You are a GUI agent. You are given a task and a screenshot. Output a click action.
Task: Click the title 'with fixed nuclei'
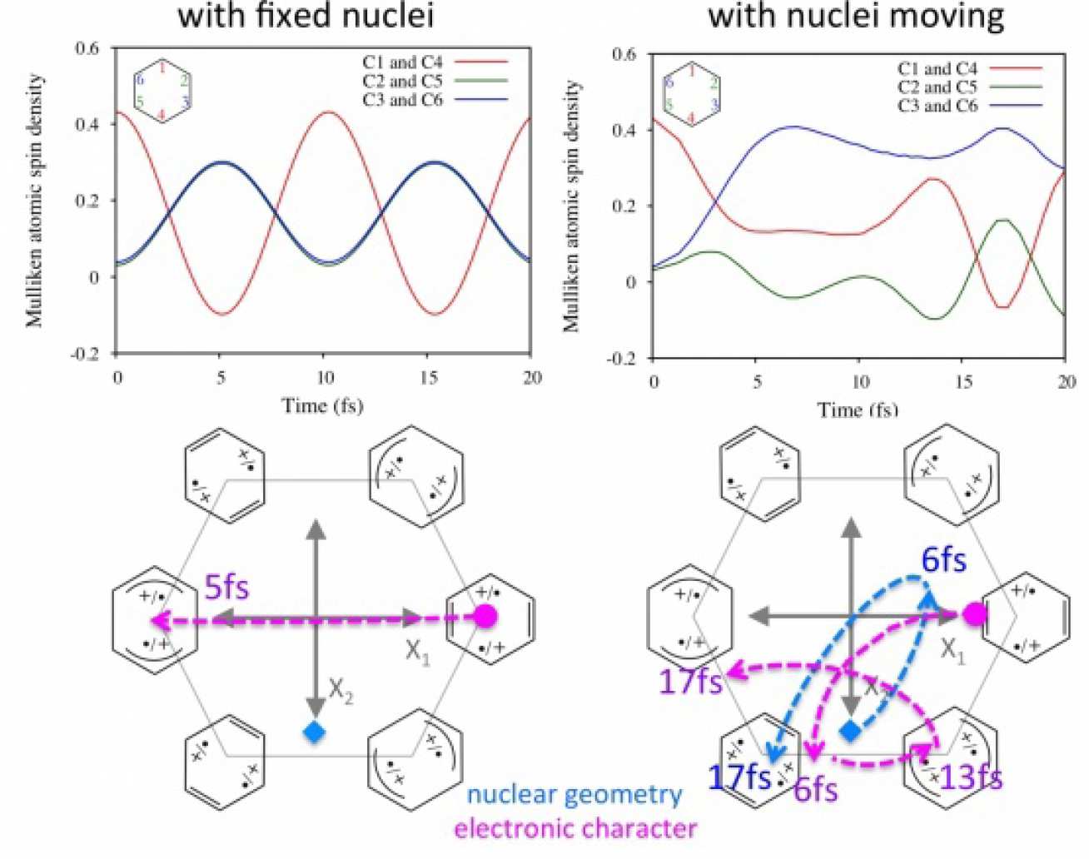click(x=306, y=15)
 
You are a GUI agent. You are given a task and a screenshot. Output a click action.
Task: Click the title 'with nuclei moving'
click(x=856, y=15)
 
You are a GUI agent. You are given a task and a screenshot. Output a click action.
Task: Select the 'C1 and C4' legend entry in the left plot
click(x=403, y=62)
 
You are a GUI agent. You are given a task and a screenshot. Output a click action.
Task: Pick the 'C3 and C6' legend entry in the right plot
click(x=937, y=106)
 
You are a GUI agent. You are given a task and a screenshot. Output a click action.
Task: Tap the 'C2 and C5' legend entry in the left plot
click(x=403, y=82)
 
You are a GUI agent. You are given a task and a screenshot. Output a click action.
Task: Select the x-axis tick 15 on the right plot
click(x=962, y=381)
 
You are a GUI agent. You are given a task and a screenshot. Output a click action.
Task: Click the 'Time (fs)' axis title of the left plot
click(x=322, y=405)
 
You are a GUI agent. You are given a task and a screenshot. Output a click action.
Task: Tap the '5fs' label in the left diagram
click(x=226, y=588)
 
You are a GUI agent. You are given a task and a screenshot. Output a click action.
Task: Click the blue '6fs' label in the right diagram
click(x=943, y=560)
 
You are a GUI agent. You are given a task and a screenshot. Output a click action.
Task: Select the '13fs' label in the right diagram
click(x=971, y=778)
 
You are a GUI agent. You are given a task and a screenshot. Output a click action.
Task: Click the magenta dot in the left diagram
click(x=486, y=617)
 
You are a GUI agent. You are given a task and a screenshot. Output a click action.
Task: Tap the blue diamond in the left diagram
click(x=314, y=732)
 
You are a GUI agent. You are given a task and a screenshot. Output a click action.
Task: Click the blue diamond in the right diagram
click(x=850, y=731)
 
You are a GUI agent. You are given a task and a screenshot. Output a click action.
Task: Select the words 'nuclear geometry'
click(x=574, y=795)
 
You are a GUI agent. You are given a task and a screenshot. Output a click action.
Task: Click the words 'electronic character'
click(x=575, y=828)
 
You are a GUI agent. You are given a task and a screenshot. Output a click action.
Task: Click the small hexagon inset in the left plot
click(x=162, y=91)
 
